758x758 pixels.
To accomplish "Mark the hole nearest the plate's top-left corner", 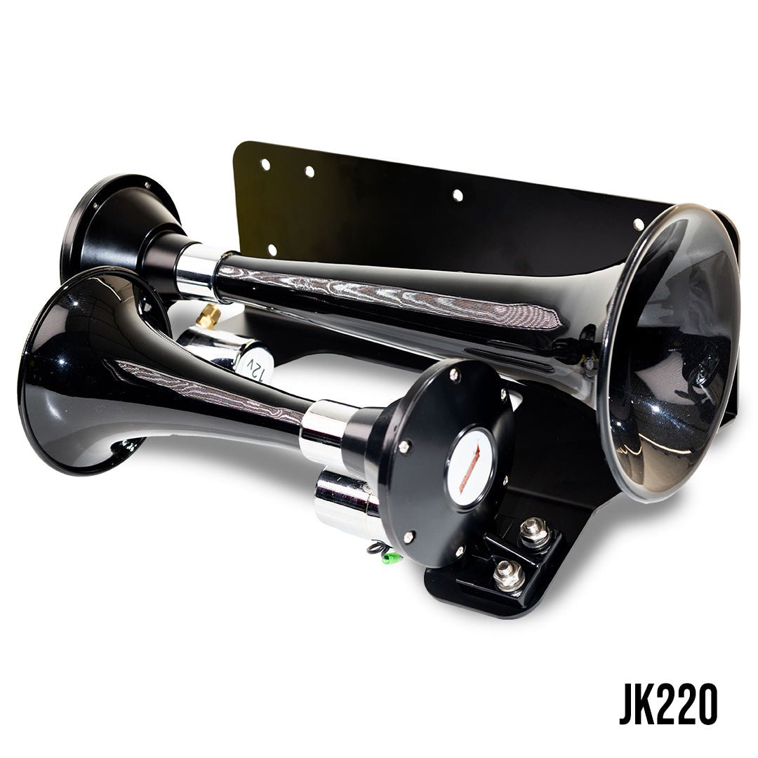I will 265,164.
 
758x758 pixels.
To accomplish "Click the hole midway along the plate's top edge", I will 458,195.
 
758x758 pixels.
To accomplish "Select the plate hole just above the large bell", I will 638,224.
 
